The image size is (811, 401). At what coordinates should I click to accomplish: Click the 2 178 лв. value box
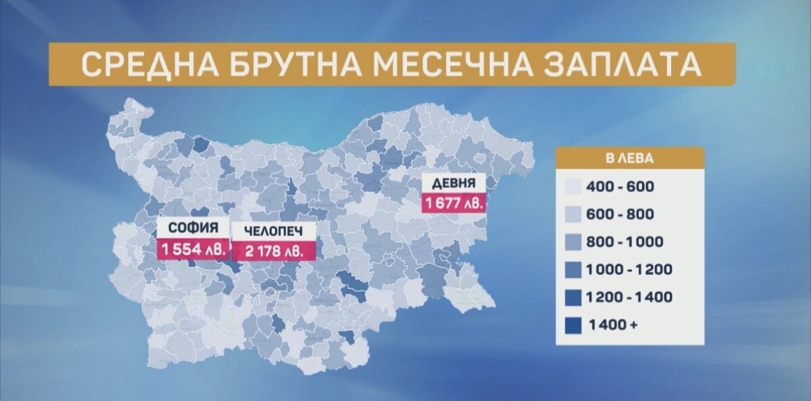tap(272, 251)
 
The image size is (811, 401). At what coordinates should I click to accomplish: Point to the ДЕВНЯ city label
tap(454, 182)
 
